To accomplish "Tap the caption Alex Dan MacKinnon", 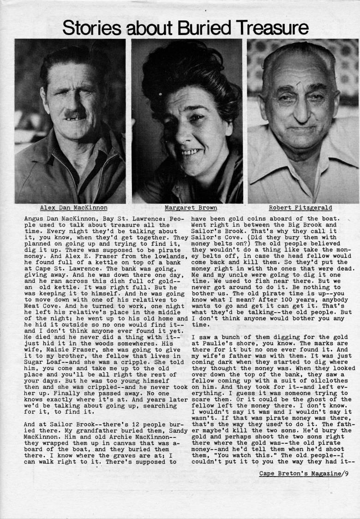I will click(74, 208).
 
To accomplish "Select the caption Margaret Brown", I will click(186, 208).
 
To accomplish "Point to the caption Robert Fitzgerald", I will click(300, 208).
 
